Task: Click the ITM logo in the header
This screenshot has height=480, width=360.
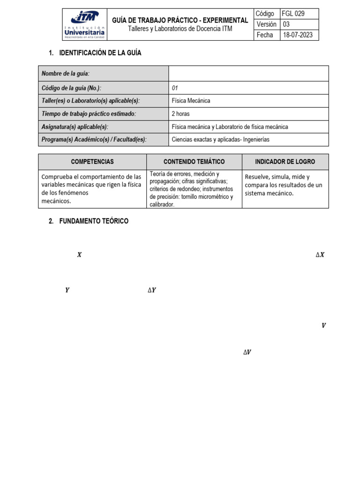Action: [85, 24]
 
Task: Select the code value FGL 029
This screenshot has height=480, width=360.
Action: [293, 14]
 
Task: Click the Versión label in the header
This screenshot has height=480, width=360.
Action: [266, 24]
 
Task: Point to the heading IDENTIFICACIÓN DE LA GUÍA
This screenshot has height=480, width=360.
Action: [100, 53]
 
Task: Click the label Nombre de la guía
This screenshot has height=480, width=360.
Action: [66, 74]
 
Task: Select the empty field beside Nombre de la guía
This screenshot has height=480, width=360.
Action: [248, 74]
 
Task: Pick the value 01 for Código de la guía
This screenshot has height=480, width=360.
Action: [175, 88]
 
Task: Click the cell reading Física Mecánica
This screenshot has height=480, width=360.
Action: [191, 100]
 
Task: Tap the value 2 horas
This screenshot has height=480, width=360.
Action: [180, 113]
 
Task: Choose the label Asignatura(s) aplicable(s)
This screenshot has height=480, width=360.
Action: [75, 127]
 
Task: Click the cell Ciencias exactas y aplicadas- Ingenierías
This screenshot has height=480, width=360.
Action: [221, 140]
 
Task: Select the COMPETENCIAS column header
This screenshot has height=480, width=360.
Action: [92, 162]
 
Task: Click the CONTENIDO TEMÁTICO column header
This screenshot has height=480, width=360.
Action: [194, 162]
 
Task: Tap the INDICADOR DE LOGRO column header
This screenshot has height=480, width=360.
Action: [285, 162]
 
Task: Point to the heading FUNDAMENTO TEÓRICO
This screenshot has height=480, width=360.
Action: [94, 221]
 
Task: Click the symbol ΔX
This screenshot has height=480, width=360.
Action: [320, 255]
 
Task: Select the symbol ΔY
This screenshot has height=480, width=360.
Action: [152, 291]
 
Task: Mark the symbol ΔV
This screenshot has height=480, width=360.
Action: [247, 352]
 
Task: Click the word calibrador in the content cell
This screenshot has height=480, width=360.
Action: [162, 204]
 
